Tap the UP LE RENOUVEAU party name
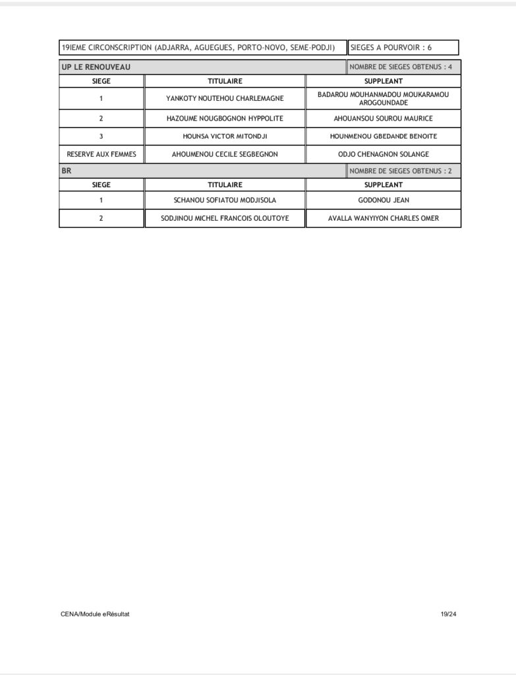(x=96, y=67)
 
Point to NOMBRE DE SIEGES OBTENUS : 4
(x=401, y=67)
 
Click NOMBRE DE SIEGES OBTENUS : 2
(x=401, y=171)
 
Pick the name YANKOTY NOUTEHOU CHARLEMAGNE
(x=225, y=99)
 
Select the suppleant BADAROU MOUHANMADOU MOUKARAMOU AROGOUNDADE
(x=383, y=99)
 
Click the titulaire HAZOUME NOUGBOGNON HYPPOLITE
(x=225, y=119)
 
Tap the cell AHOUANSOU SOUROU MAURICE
(x=383, y=119)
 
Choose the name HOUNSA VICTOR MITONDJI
(x=225, y=136)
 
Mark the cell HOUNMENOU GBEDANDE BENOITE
(x=383, y=136)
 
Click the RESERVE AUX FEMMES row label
(x=101, y=154)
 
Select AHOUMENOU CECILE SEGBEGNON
(x=225, y=154)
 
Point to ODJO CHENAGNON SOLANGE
(x=383, y=154)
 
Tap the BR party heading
(x=67, y=171)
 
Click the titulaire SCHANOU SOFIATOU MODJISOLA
(x=225, y=200)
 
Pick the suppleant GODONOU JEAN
(x=383, y=200)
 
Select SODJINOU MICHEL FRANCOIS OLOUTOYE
(x=225, y=218)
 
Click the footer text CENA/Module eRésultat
(x=95, y=614)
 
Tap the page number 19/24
(x=448, y=614)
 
